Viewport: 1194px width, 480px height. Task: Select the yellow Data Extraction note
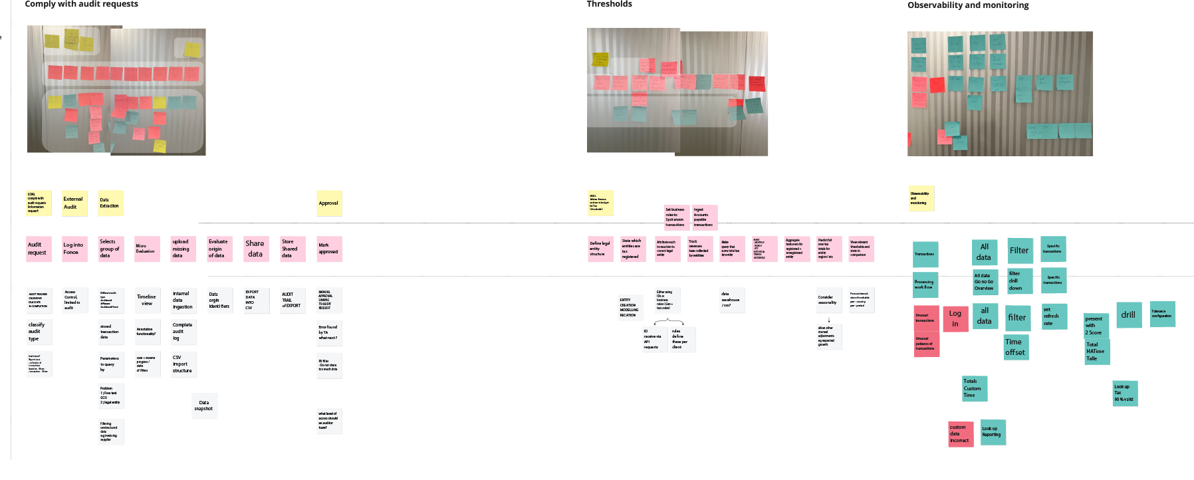click(110, 203)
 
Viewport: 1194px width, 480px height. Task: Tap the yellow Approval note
click(329, 203)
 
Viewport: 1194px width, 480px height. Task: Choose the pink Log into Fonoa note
click(74, 249)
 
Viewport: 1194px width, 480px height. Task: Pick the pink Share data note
click(256, 249)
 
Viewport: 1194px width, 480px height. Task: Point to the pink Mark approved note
click(329, 249)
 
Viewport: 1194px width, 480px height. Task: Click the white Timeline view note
click(147, 300)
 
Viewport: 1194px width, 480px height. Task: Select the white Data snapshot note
click(204, 406)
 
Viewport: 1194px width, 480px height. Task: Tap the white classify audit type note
click(39, 332)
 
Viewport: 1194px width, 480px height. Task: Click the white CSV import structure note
click(183, 364)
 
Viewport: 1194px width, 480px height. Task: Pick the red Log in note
click(955, 318)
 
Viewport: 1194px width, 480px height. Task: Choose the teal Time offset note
click(1015, 347)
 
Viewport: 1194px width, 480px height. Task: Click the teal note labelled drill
click(1128, 315)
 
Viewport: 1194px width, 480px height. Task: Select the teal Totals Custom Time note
click(974, 388)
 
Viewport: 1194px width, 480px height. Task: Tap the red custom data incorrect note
click(960, 433)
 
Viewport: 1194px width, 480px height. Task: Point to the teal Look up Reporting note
click(992, 431)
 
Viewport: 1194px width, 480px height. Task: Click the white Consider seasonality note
click(828, 300)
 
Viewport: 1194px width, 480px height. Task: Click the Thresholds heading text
click(609, 4)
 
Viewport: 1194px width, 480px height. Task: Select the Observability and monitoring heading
click(968, 5)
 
